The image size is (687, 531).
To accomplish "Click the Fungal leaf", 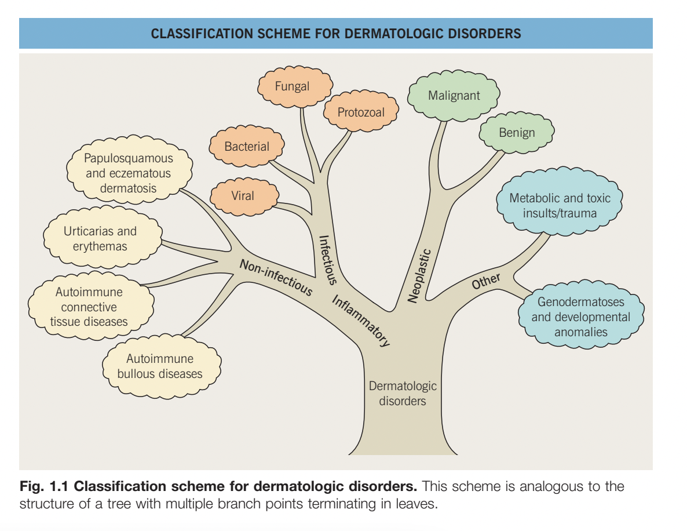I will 293,86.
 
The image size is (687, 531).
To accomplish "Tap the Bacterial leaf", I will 247,147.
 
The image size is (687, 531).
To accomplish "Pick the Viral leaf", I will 243,196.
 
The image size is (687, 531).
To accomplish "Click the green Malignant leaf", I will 454,96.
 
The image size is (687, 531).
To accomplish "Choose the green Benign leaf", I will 517,133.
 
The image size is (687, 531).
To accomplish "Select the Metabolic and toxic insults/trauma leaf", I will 560,205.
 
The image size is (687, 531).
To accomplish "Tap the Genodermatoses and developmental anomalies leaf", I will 581,317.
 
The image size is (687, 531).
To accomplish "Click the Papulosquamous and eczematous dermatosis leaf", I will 128,173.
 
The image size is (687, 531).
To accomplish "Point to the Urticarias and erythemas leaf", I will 100,238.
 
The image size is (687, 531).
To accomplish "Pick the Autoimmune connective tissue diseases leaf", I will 89,307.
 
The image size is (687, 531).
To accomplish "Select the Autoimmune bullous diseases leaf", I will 160,366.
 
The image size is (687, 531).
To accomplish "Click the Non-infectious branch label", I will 276,277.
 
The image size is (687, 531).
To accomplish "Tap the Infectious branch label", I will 327,260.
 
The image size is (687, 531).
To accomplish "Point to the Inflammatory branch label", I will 360,321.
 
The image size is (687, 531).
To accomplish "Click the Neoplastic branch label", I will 419,275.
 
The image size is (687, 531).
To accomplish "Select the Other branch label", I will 486,281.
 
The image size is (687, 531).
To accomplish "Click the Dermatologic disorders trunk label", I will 403,393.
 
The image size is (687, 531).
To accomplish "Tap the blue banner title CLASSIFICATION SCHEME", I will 335,34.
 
